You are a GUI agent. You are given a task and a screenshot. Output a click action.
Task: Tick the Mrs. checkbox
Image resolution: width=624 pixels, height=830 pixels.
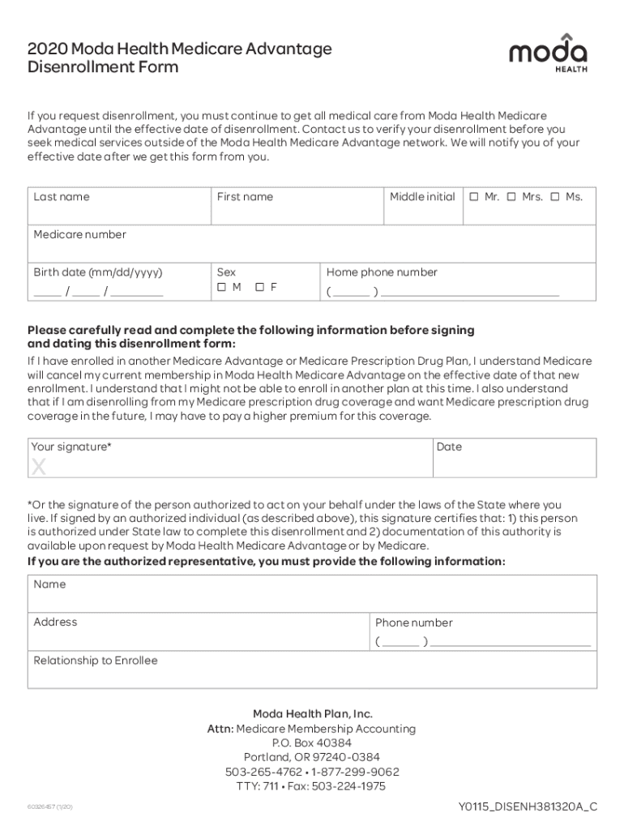(511, 197)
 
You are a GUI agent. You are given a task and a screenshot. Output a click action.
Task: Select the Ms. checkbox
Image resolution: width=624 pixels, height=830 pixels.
(555, 197)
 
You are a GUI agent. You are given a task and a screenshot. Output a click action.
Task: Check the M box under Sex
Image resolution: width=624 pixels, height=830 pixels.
(221, 288)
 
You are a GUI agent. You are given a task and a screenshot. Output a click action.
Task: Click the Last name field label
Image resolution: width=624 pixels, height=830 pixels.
(62, 197)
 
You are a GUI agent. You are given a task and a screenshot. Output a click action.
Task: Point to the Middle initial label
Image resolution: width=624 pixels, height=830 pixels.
(422, 197)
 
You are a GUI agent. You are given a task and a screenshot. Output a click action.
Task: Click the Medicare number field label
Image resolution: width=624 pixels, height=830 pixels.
(79, 235)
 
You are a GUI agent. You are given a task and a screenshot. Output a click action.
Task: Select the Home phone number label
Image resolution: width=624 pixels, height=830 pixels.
(382, 272)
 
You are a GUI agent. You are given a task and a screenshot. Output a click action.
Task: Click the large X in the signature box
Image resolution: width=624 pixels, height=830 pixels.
(38, 467)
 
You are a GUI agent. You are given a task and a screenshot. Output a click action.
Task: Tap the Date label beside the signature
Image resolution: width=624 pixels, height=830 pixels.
(449, 447)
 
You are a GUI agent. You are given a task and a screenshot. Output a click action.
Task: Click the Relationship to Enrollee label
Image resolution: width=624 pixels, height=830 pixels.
(96, 661)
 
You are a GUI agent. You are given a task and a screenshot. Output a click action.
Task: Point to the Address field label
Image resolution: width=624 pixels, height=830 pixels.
(55, 622)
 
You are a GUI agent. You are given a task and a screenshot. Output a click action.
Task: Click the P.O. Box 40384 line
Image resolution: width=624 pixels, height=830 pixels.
(312, 743)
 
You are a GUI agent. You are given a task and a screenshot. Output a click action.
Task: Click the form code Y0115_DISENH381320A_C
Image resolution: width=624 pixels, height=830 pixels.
(528, 806)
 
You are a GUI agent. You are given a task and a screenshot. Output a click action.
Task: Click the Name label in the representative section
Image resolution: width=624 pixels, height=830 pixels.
(49, 584)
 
